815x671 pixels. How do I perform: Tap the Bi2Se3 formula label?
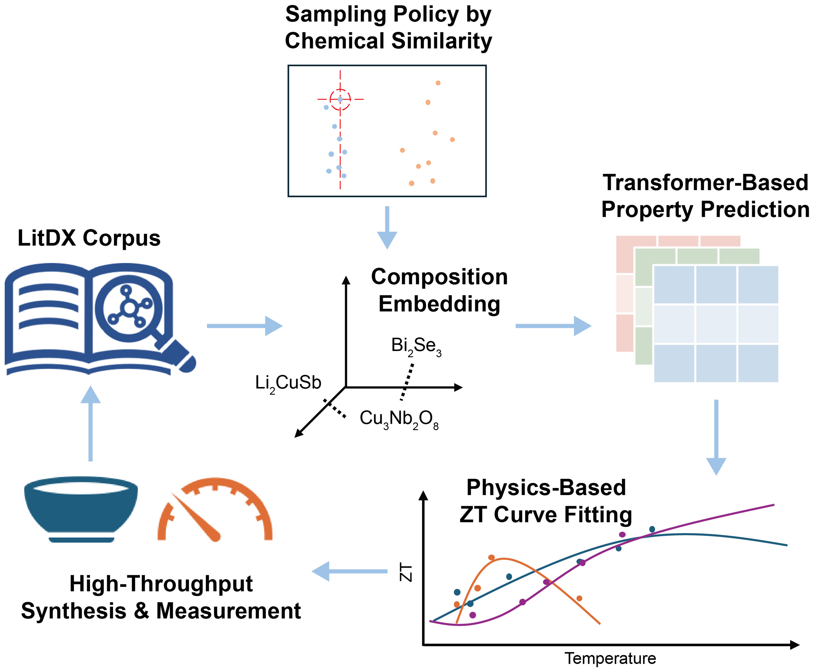(416, 346)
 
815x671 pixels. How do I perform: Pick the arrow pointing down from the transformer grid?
(716, 437)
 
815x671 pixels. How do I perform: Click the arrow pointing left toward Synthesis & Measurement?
(349, 571)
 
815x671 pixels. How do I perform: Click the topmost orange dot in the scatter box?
(438, 83)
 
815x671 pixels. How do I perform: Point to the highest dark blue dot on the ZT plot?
(652, 529)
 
